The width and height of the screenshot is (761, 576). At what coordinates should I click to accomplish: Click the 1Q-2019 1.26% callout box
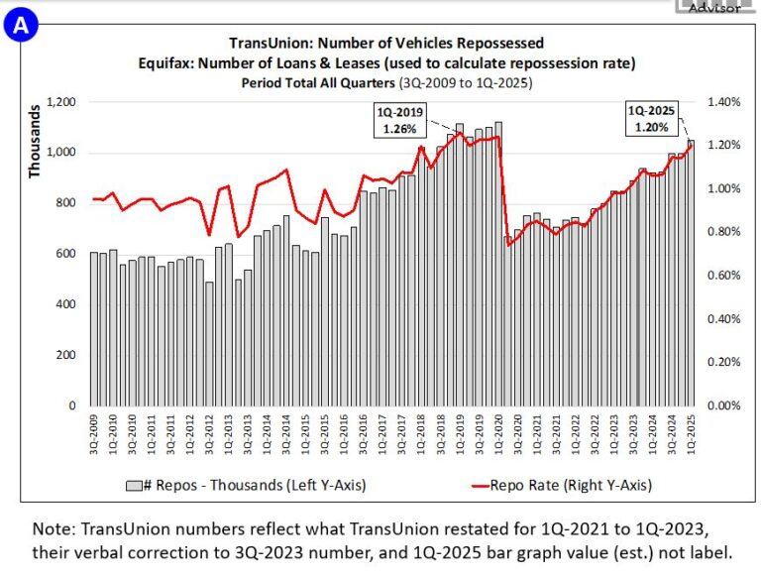point(400,120)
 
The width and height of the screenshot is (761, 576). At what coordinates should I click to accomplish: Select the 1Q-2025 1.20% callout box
point(653,119)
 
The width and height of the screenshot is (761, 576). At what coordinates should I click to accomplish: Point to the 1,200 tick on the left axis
point(60,102)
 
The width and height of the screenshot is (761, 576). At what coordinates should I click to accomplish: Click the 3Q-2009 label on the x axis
point(94,434)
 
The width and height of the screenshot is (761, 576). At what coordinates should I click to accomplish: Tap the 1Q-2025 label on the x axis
point(691,434)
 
